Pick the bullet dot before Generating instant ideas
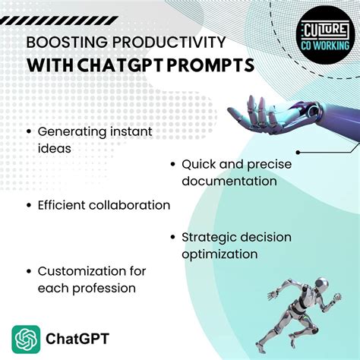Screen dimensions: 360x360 (x=29, y=132)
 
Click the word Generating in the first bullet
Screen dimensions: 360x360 (x=71, y=131)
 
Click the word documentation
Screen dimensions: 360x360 (x=229, y=182)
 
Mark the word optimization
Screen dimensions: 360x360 (x=219, y=254)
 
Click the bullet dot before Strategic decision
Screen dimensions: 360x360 (x=173, y=238)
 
